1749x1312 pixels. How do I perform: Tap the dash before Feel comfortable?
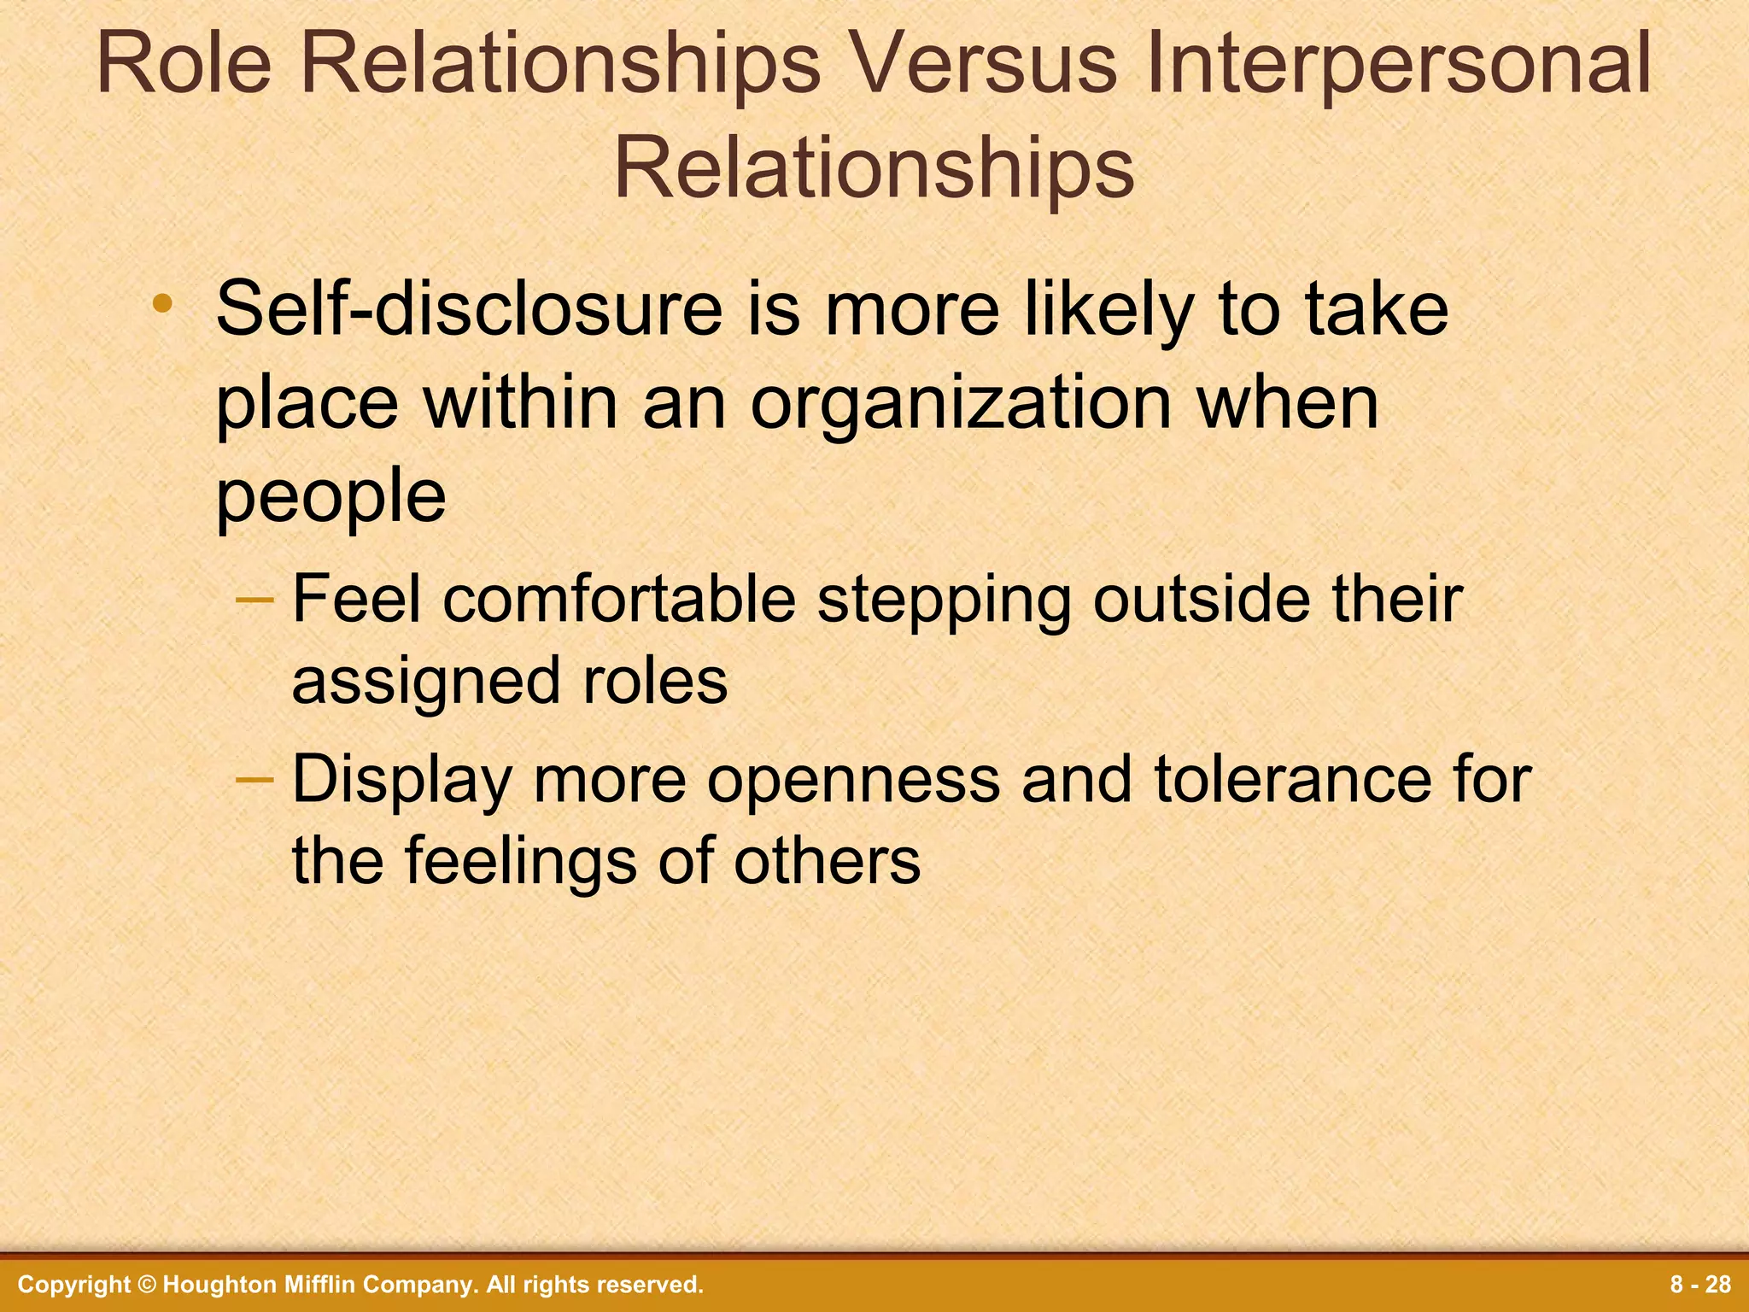[x=254, y=600]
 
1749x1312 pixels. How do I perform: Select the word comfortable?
[x=619, y=600]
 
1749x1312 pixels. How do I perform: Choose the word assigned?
[x=426, y=682]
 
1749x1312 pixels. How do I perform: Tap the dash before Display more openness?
[x=254, y=779]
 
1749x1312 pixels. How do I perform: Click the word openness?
[x=853, y=781]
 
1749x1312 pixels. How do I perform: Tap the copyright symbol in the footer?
[x=147, y=1285]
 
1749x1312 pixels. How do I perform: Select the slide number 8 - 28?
[x=1700, y=1285]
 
